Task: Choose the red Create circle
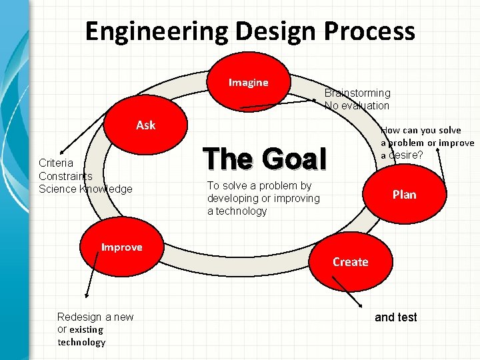coord(351,261)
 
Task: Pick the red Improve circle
coord(122,247)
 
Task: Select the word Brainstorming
coord(357,93)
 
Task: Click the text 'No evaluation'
coord(357,105)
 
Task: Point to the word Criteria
coord(55,163)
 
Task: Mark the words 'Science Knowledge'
coord(85,189)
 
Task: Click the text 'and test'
coord(395,317)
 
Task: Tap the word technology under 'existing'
coord(81,342)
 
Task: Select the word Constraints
coord(65,176)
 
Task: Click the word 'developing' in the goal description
coord(231,199)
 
